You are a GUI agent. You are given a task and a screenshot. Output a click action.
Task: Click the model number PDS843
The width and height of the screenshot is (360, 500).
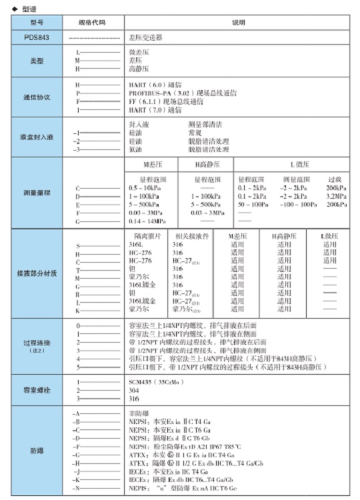tap(31, 37)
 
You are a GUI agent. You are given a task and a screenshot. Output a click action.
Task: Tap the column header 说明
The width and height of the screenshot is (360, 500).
tap(238, 23)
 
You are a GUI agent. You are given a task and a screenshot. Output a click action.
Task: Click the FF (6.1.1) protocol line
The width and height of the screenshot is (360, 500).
tap(166, 101)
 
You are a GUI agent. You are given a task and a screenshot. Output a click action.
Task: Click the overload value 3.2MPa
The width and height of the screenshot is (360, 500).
tap(335, 197)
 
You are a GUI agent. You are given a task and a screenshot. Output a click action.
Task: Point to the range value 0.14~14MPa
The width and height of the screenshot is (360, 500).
tap(148, 221)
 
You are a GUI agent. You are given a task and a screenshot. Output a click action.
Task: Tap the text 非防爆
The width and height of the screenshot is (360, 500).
tap(137, 414)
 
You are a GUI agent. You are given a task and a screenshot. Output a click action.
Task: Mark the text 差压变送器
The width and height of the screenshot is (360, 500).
tap(145, 37)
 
